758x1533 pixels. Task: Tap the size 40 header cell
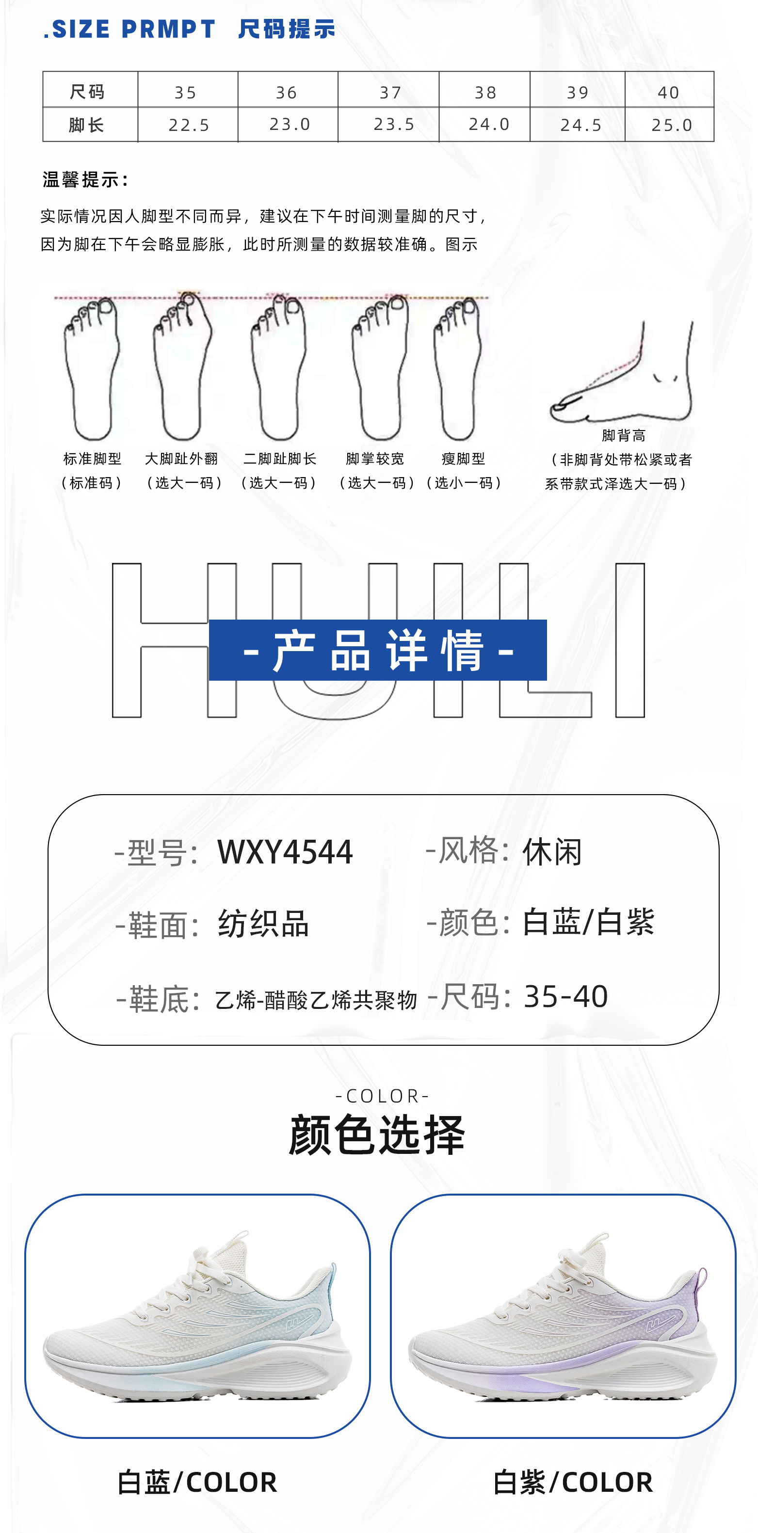pos(668,92)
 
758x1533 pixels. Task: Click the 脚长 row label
pos(87,125)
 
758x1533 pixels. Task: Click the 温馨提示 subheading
pos(85,179)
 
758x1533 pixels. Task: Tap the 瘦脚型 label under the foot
pos(463,459)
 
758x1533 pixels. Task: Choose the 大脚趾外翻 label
pos(181,459)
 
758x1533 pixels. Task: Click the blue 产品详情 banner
pos(377,650)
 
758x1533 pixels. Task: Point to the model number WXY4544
pos(285,852)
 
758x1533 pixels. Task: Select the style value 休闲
pos(552,852)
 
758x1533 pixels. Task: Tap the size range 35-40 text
pos(565,996)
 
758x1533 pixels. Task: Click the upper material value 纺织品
pos(263,924)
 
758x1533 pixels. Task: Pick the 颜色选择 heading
pos(377,1135)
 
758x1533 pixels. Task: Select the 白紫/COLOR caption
pos(573,1482)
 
